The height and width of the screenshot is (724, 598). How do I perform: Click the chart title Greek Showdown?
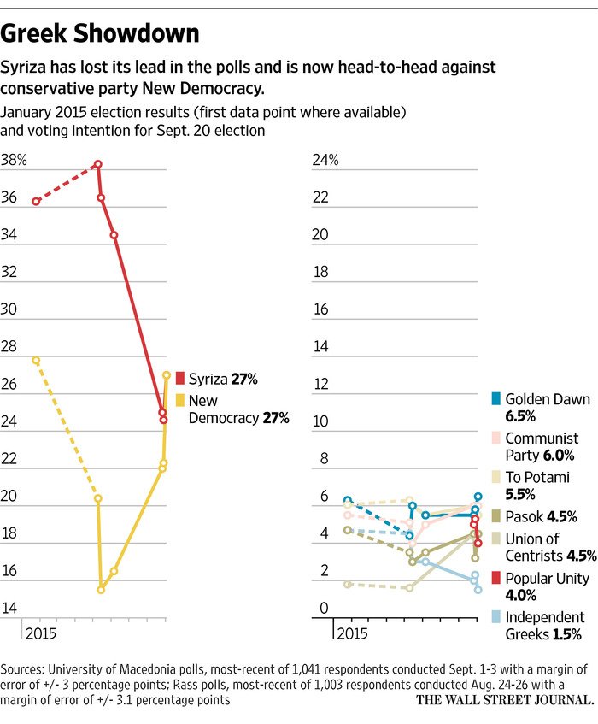coord(101,33)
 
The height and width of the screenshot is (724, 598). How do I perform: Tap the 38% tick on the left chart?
coord(14,160)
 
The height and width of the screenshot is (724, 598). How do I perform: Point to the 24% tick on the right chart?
coord(324,160)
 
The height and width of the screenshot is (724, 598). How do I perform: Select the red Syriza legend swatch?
coord(180,377)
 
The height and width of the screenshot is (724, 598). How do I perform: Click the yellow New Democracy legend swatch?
coord(180,400)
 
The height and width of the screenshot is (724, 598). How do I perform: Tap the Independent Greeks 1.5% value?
coord(567,634)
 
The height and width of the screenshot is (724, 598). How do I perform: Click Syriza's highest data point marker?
coord(98,164)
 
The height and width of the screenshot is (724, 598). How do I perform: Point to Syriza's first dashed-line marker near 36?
coord(36,202)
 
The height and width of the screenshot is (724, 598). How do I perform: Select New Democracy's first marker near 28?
coord(36,361)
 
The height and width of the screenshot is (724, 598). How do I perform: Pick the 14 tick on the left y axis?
coord(10,609)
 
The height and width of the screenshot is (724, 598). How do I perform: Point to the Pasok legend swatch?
coord(495,515)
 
